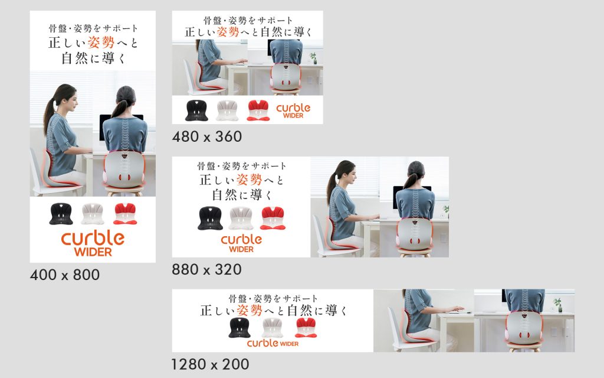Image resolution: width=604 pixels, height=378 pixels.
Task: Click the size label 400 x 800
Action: point(65,275)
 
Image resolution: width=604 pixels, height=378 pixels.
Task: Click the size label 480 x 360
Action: point(207,136)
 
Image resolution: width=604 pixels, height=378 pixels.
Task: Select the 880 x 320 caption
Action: point(207,269)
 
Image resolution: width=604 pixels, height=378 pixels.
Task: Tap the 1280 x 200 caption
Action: point(211,364)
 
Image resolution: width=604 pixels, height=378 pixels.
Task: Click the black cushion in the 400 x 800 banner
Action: point(61,214)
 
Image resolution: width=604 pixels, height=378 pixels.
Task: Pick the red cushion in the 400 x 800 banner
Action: point(125,214)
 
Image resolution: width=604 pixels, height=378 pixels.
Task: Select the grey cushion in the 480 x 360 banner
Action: point(227,110)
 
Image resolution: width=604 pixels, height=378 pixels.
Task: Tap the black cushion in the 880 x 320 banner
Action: point(211,219)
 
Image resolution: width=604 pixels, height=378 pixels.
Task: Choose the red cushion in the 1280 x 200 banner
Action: point(306,328)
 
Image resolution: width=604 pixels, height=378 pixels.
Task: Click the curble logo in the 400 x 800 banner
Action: point(93,243)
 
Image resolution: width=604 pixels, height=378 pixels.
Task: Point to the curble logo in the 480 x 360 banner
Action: point(293,110)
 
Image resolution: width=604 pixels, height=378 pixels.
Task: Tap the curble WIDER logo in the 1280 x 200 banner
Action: point(273,343)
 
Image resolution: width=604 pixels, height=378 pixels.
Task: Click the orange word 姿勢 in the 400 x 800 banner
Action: point(101,43)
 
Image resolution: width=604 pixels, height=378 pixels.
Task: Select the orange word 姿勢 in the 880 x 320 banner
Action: point(250,180)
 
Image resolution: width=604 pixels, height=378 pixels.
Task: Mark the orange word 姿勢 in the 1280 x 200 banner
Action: point(250,310)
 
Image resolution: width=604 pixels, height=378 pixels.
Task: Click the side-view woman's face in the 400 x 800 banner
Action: point(72,101)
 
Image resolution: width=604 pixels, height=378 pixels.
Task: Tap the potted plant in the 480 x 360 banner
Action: point(314,58)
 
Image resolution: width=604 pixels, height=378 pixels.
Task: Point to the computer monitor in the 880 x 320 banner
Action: point(412,197)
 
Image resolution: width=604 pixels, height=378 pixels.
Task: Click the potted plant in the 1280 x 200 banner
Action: point(557,305)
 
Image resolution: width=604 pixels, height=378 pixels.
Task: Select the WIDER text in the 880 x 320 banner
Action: point(241,250)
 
